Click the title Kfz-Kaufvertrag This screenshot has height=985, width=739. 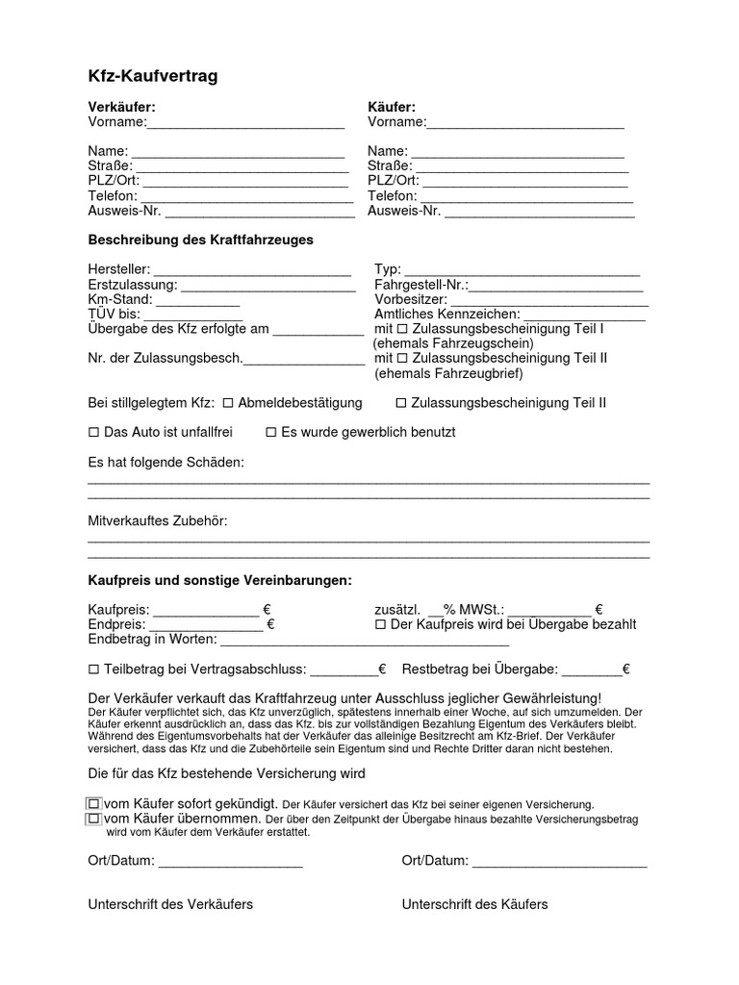coord(153,76)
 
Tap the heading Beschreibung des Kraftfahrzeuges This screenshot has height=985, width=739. coord(201,240)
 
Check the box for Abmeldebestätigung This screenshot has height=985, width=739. coord(229,403)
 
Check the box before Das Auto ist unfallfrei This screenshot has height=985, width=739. coord(94,433)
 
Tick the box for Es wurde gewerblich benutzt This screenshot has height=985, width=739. coord(271,433)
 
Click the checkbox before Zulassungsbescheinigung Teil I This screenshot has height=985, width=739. coord(402,329)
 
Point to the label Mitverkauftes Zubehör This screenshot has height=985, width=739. coord(158,521)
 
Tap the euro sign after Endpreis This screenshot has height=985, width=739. coord(270,624)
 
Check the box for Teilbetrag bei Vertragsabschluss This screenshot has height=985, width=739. coord(94,669)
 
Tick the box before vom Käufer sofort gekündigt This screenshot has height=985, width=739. coord(94,803)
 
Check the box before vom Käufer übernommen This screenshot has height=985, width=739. coord(94,819)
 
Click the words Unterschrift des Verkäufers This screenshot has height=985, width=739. coord(170,904)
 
